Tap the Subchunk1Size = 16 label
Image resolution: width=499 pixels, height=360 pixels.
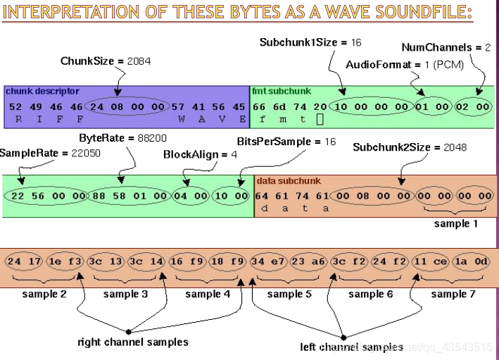point(310,42)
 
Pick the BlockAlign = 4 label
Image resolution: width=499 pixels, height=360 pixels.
point(191,154)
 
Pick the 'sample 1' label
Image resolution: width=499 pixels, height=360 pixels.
point(455,223)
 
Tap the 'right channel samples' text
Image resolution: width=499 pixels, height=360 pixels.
point(133,342)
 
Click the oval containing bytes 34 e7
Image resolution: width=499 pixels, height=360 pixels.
point(267,262)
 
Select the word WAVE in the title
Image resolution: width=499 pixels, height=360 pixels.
point(331,13)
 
